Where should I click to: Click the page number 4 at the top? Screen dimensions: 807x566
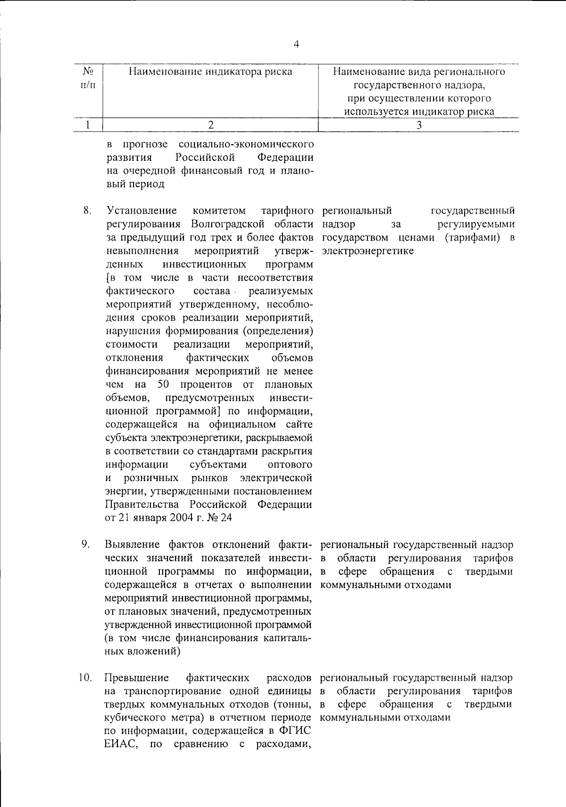[296, 45]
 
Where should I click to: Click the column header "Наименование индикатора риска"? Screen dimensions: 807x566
[211, 72]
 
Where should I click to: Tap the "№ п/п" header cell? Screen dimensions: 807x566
[87, 78]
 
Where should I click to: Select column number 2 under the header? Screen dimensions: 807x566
[211, 125]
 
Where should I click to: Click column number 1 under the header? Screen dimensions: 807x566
[88, 125]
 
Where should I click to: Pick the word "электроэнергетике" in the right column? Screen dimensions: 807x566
[367, 251]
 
